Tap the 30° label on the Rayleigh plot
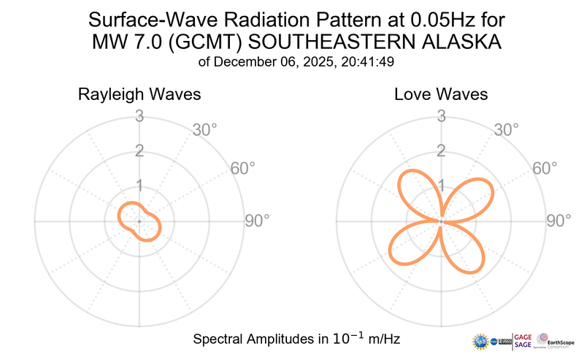(205, 130)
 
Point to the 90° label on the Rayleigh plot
(256, 221)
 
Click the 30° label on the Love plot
(507, 130)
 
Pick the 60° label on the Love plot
(545, 168)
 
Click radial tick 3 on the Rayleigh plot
(139, 115)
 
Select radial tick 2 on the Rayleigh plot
(139, 150)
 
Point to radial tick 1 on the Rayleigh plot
(139, 185)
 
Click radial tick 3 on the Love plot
(441, 115)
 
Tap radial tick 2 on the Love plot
(441, 150)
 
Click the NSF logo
(481, 342)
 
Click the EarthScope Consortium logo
(556, 340)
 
